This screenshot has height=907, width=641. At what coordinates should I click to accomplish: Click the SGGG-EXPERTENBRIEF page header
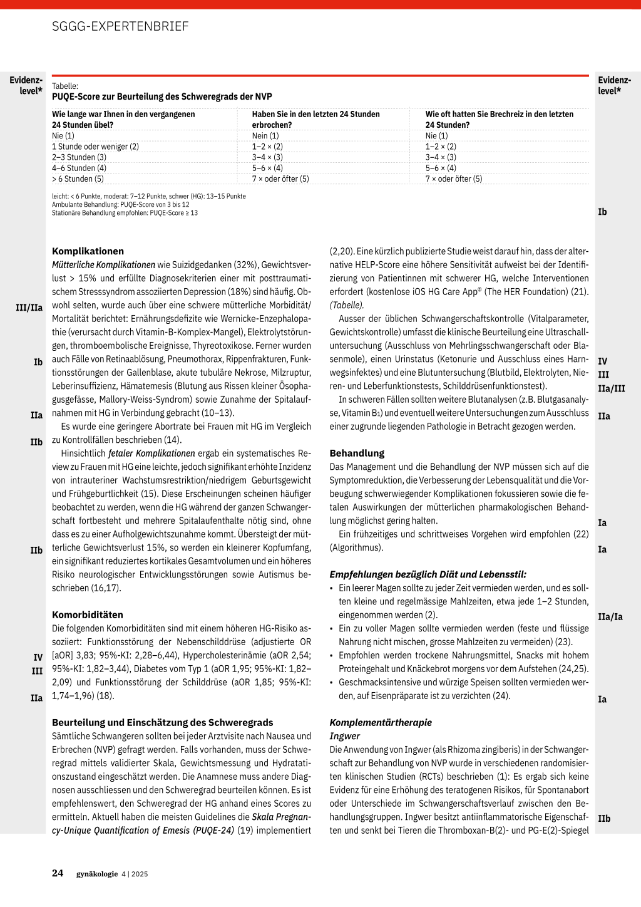click(120, 26)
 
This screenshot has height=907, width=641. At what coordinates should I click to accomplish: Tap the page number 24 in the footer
click(58, 873)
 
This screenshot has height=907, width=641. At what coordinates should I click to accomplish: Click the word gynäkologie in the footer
click(97, 874)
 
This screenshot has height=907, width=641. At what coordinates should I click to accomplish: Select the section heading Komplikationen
click(88, 251)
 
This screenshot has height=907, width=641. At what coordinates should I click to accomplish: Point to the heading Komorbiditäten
click(88, 614)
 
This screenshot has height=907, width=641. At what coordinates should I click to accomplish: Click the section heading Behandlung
click(357, 453)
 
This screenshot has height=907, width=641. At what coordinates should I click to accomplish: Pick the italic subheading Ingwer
click(345, 736)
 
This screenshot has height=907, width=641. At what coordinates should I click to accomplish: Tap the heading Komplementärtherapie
click(381, 722)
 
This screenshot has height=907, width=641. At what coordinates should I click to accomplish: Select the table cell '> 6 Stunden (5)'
click(78, 179)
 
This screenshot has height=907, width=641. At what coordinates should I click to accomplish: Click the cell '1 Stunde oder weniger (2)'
click(95, 147)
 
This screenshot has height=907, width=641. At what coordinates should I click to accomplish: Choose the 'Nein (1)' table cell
click(265, 135)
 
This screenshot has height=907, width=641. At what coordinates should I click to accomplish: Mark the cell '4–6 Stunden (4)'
click(79, 168)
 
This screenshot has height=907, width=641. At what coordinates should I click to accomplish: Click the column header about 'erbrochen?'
click(315, 119)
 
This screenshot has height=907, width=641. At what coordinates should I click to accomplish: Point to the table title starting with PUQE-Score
click(162, 96)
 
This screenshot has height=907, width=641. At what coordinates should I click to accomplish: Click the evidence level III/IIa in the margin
click(29, 308)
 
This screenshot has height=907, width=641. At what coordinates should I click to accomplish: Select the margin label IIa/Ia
click(610, 617)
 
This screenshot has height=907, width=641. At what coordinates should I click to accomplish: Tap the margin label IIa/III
click(611, 389)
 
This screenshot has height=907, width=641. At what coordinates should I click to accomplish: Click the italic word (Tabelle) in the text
click(347, 305)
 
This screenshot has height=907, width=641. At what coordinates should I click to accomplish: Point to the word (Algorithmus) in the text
click(356, 547)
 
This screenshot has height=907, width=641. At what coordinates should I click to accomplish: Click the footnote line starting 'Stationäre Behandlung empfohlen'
click(125, 213)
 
